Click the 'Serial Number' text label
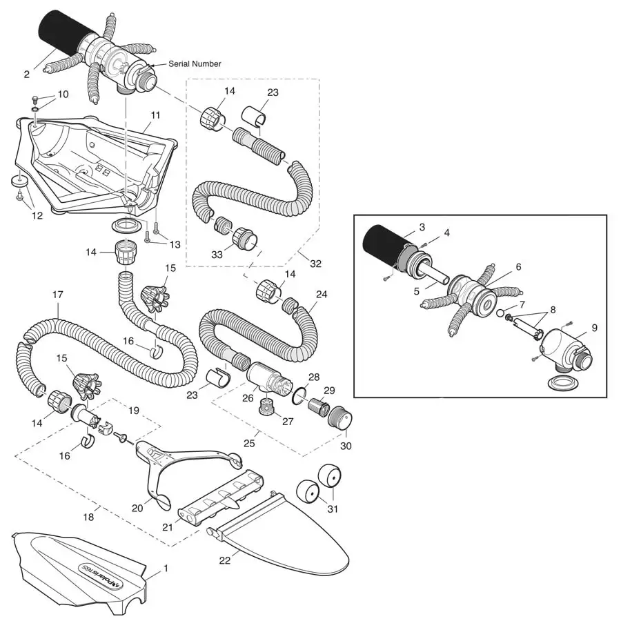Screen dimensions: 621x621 [195, 63]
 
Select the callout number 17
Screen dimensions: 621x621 [58, 295]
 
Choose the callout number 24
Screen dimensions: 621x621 [321, 293]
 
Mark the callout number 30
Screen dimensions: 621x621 [346, 446]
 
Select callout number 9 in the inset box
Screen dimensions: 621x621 [594, 328]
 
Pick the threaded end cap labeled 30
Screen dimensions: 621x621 [338, 417]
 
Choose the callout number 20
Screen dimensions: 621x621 [137, 508]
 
